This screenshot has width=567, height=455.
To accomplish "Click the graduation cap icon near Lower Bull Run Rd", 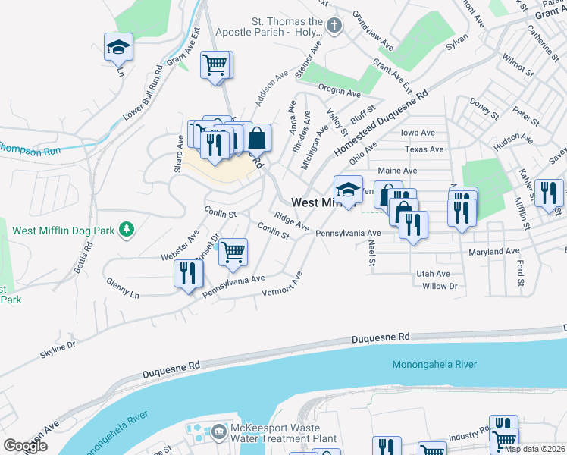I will click(x=119, y=47).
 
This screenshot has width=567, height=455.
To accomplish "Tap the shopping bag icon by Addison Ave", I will click(x=257, y=138).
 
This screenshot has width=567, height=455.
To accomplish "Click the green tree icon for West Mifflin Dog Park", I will click(x=129, y=228).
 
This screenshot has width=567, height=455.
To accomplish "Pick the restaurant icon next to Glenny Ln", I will click(x=188, y=273).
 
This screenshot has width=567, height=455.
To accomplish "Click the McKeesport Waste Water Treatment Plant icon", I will click(x=219, y=431).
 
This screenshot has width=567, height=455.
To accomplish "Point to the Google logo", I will click(x=26, y=446).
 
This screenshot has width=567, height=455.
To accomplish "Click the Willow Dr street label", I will click(x=440, y=286).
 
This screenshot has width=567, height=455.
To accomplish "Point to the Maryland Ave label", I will click(x=493, y=251).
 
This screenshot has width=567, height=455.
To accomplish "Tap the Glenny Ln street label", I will click(x=123, y=284).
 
